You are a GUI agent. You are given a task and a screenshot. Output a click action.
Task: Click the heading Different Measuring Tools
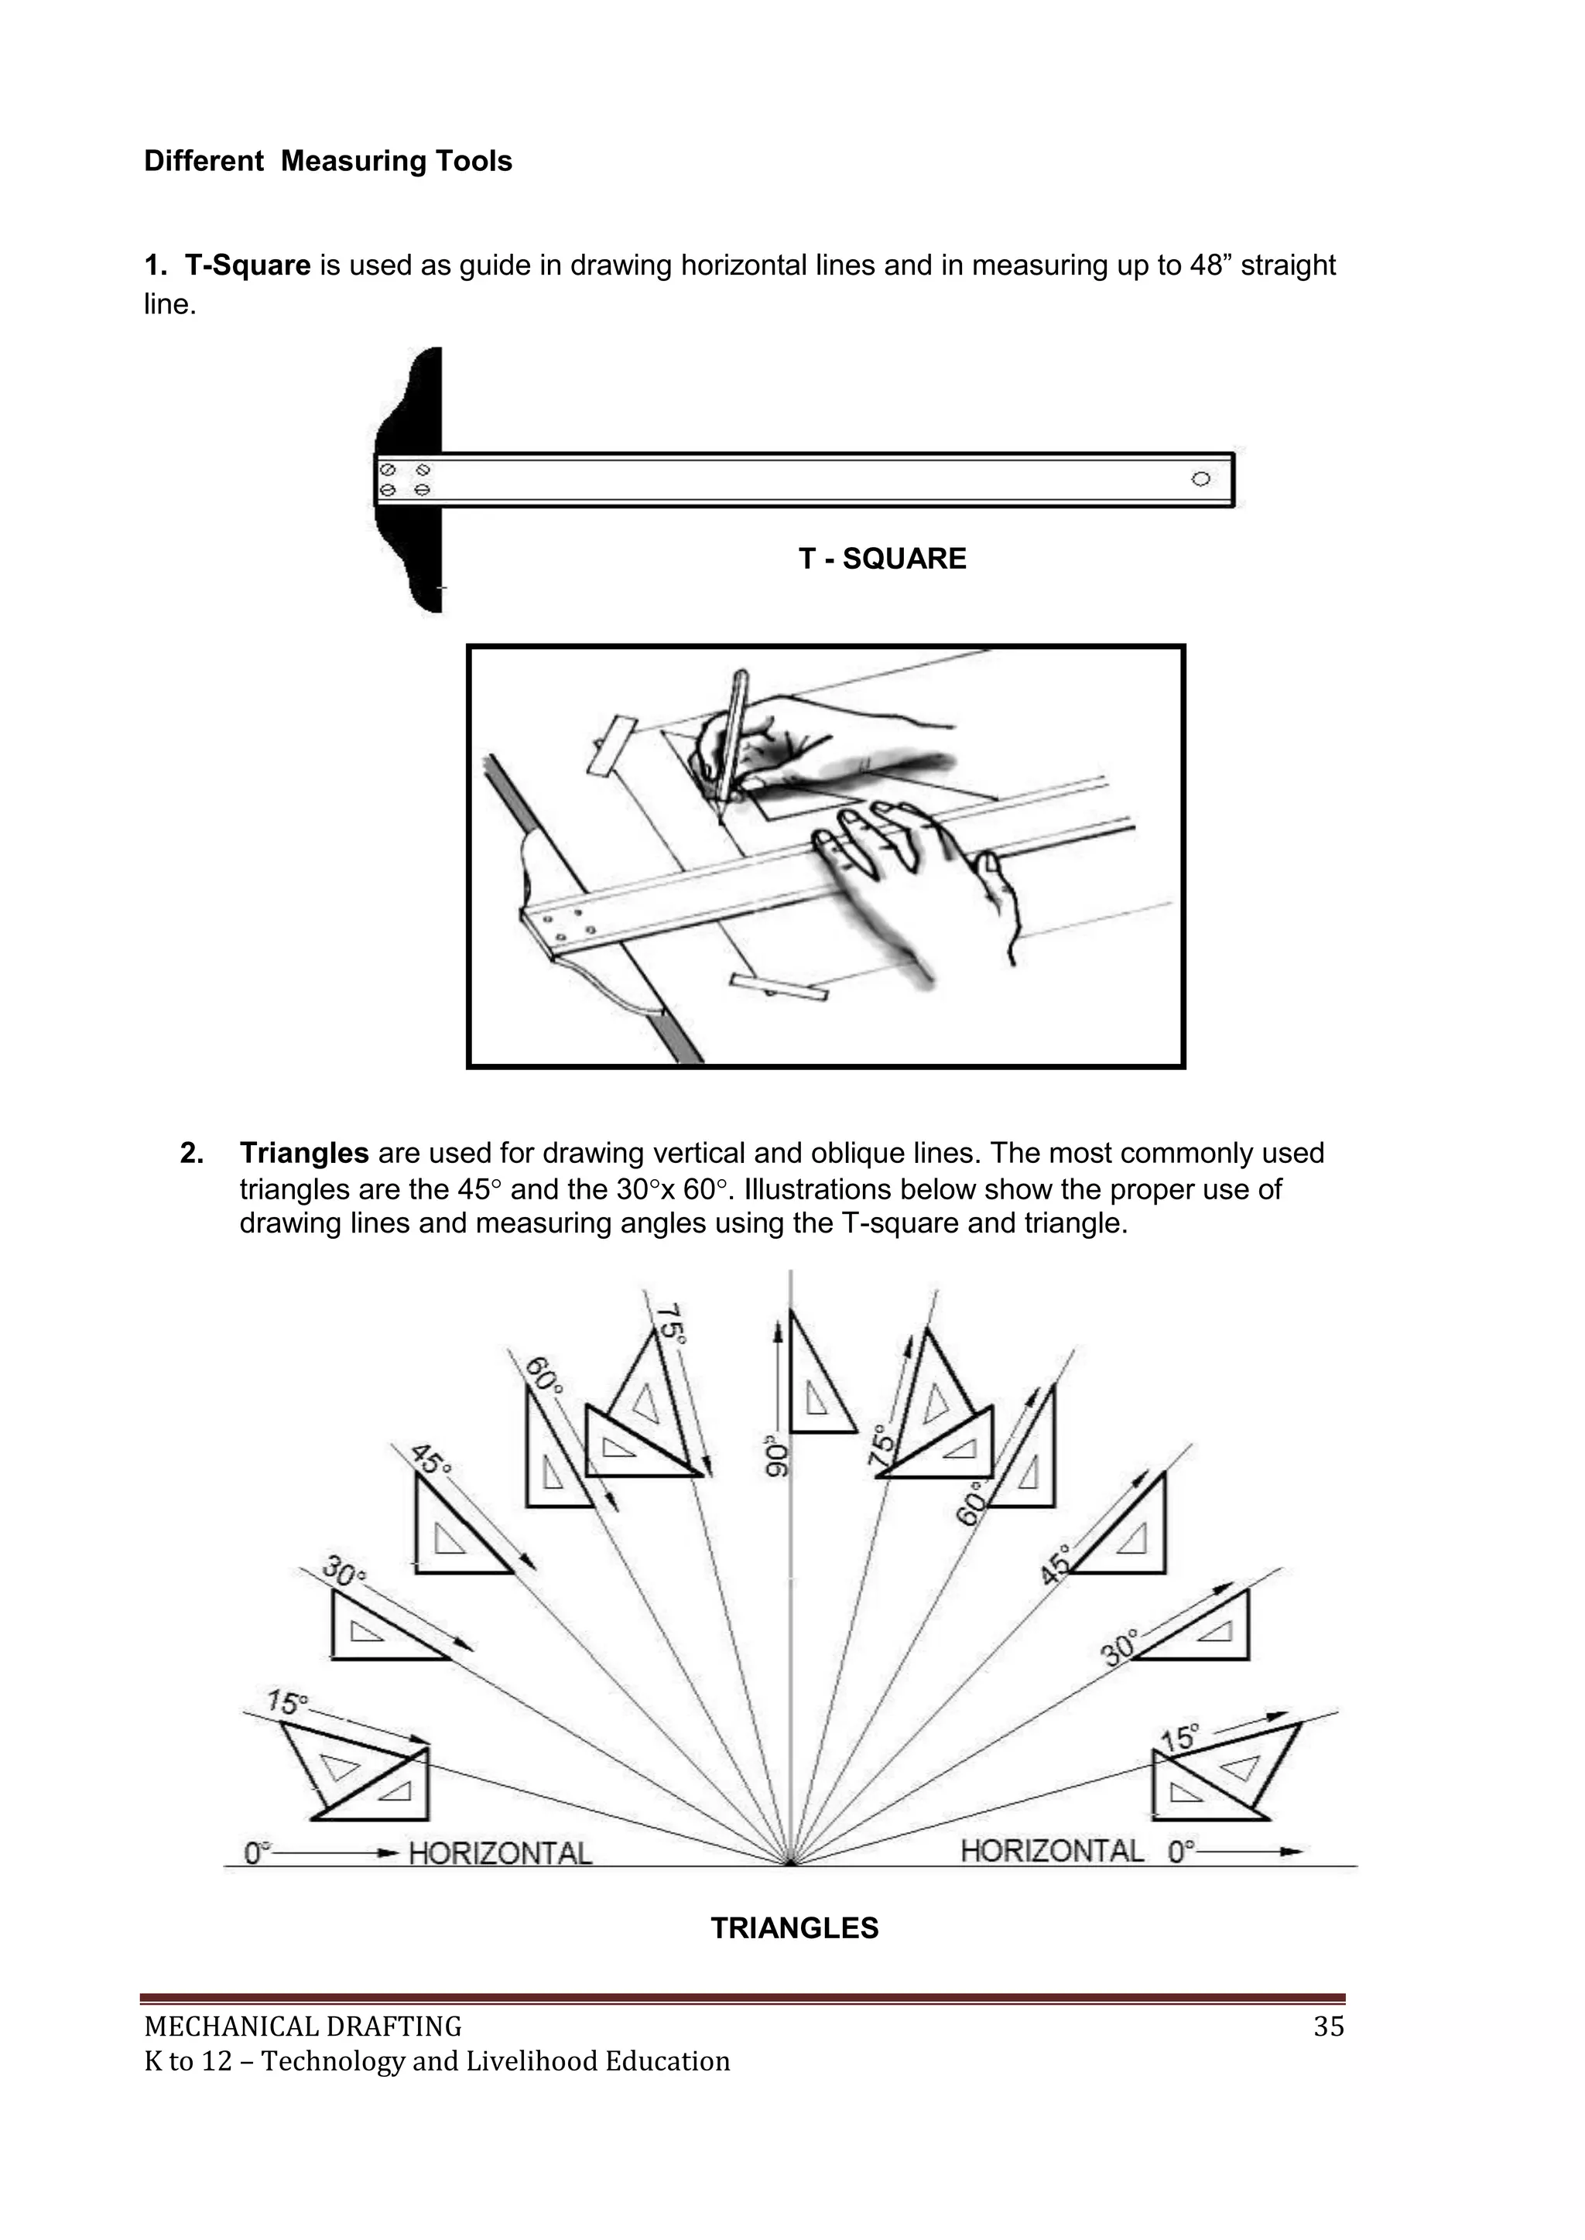[328, 161]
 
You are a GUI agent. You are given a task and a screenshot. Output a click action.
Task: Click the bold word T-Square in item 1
[247, 265]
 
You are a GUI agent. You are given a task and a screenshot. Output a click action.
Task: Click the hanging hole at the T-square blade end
[1200, 478]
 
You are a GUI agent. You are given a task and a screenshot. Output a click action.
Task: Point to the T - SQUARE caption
[882, 559]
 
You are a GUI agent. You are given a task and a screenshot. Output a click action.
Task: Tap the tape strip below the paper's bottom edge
[778, 987]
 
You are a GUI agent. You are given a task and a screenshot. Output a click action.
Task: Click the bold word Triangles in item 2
[303, 1153]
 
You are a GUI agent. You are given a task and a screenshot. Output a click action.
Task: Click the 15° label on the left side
[288, 1702]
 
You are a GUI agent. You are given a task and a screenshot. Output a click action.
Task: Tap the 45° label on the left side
[430, 1459]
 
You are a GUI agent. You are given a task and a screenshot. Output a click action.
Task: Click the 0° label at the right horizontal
[1182, 1852]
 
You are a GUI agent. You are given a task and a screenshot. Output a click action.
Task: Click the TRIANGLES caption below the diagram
[795, 1929]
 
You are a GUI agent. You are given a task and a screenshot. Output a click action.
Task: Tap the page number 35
[1328, 2027]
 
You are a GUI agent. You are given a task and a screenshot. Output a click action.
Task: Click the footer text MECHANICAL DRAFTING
[303, 2027]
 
